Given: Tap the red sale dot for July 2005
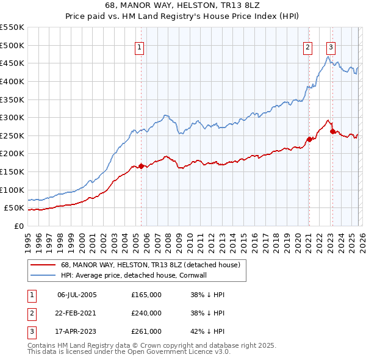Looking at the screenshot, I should [141, 166].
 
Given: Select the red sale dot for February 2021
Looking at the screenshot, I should [309, 139].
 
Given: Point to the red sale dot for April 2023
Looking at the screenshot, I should [332, 131].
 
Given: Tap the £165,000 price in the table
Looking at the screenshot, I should [146, 294].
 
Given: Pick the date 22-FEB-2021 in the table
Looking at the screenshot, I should [77, 313].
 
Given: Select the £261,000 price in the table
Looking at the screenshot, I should [146, 332].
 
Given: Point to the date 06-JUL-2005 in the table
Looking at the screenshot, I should [77, 294].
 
